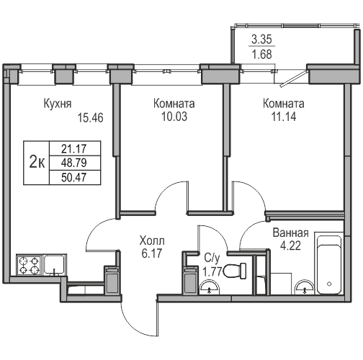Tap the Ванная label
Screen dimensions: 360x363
click(x=291, y=233)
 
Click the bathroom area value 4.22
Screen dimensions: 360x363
click(x=291, y=246)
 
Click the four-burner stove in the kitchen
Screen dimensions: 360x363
click(x=29, y=266)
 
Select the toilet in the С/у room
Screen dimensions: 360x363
click(x=232, y=271)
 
